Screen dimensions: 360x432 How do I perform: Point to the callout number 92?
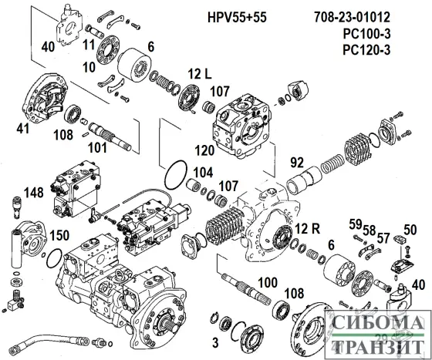(x=297, y=163)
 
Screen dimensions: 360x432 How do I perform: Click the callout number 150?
(x=59, y=234)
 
